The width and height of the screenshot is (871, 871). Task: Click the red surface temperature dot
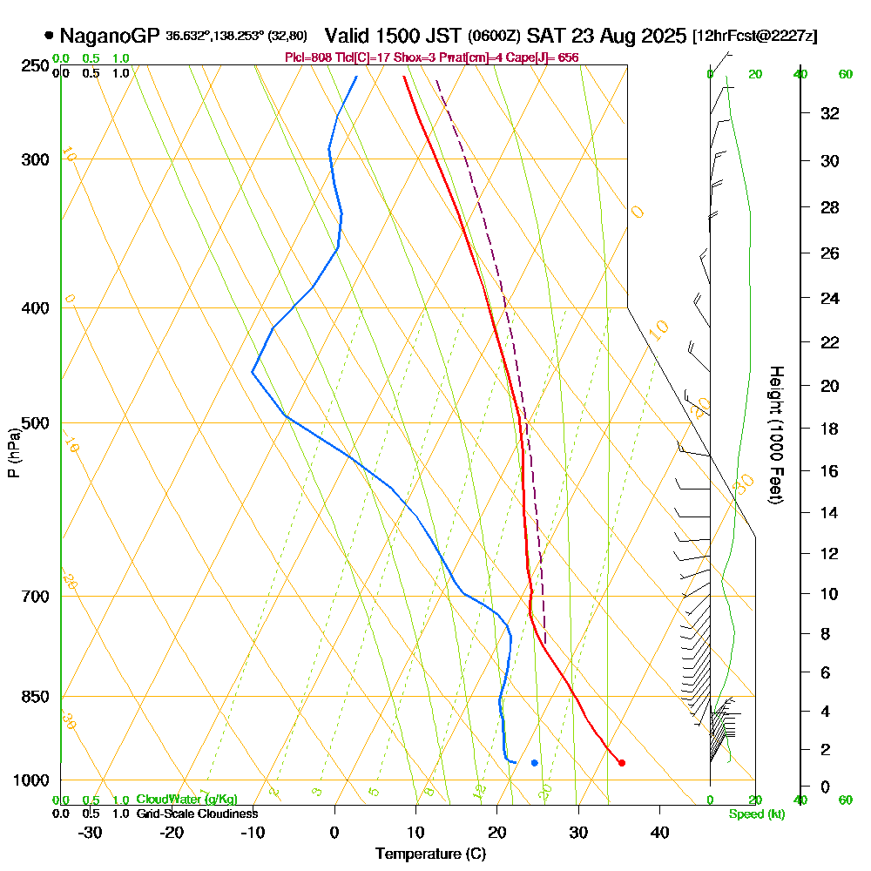(621, 763)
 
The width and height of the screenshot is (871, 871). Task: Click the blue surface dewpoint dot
(534, 763)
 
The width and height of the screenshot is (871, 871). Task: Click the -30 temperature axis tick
(90, 832)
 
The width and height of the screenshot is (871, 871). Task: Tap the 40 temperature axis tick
(659, 832)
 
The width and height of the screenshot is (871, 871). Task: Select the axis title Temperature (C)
(430, 854)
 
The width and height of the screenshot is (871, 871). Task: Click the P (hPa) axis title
(13, 452)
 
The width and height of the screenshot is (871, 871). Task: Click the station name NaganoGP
(110, 36)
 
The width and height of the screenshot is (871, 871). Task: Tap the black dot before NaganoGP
(49, 36)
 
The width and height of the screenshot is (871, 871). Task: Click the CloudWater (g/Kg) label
(186, 800)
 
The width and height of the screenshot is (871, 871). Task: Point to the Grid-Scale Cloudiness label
(197, 814)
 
